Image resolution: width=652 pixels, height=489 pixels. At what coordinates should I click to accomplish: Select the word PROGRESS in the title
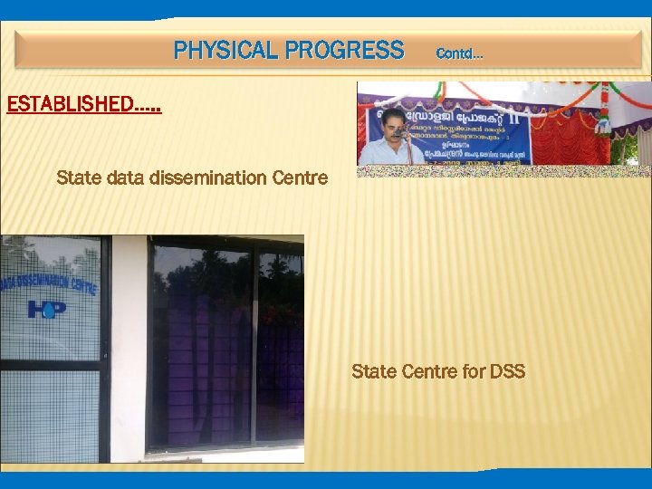[x=343, y=50]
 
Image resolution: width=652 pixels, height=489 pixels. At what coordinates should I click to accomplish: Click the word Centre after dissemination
[x=300, y=177]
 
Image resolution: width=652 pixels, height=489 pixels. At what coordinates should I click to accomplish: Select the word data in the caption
[x=124, y=177]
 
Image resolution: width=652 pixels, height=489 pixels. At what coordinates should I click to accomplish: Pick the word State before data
[x=78, y=177]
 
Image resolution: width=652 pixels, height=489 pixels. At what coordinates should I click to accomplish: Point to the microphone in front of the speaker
[x=398, y=133]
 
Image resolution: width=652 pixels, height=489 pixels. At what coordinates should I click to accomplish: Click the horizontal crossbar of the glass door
[x=50, y=364]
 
